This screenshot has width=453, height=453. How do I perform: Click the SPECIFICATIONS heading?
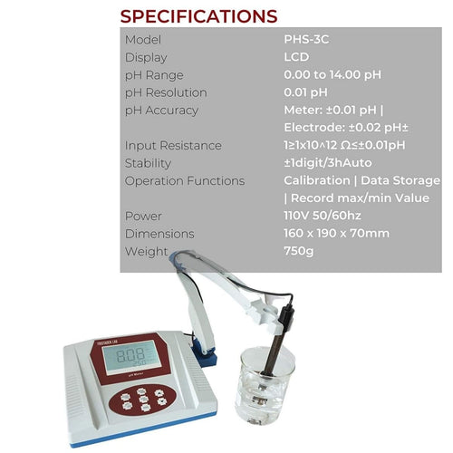tap(198, 16)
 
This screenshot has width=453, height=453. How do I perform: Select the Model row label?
tap(143, 40)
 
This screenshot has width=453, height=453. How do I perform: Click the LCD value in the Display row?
tap(296, 57)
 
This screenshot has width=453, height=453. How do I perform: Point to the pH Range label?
tap(154, 75)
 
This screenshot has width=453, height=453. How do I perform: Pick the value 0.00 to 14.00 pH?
tap(333, 75)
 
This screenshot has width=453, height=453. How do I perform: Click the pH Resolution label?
tap(166, 92)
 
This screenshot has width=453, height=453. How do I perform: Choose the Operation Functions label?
tap(185, 180)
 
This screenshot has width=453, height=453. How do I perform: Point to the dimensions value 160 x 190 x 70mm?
tap(336, 234)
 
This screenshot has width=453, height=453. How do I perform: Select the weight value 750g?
tap(299, 251)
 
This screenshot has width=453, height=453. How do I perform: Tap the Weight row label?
tap(147, 251)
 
